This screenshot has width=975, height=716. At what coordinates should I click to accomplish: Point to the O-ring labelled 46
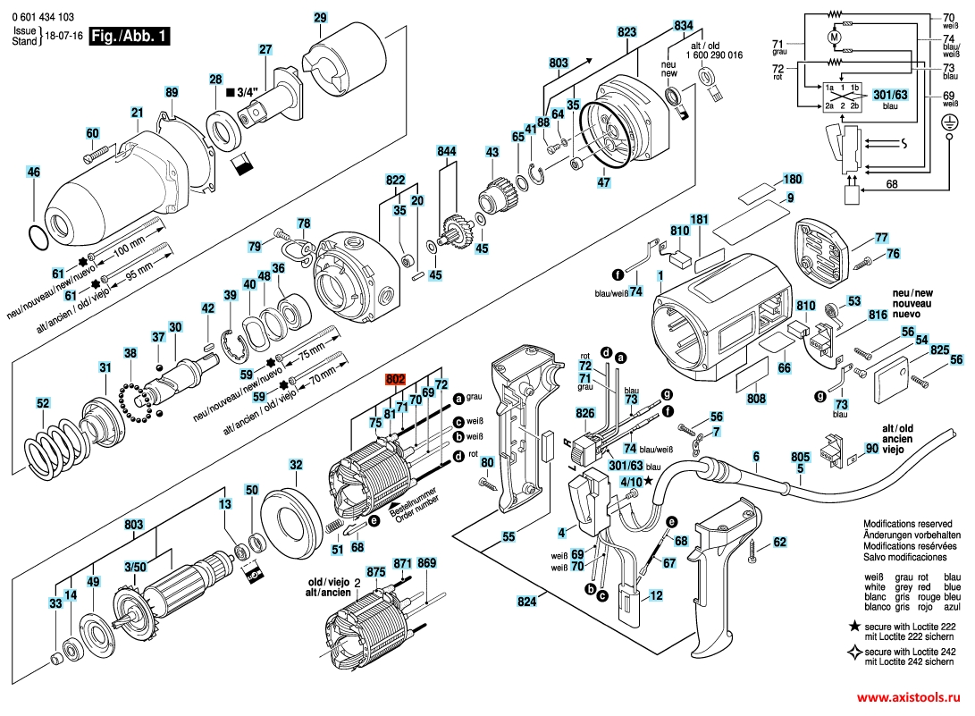click(x=36, y=239)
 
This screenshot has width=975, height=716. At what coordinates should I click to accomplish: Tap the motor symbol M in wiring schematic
click(x=835, y=38)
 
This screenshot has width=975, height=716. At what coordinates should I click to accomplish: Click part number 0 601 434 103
click(x=44, y=17)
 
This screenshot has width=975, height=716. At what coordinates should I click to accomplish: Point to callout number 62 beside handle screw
click(x=779, y=542)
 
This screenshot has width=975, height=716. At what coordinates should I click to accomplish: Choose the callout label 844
click(x=446, y=150)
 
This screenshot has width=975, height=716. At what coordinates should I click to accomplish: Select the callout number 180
click(x=793, y=179)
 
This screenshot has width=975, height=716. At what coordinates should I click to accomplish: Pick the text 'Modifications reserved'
click(x=910, y=523)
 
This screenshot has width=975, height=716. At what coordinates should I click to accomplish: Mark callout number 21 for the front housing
click(x=137, y=113)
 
